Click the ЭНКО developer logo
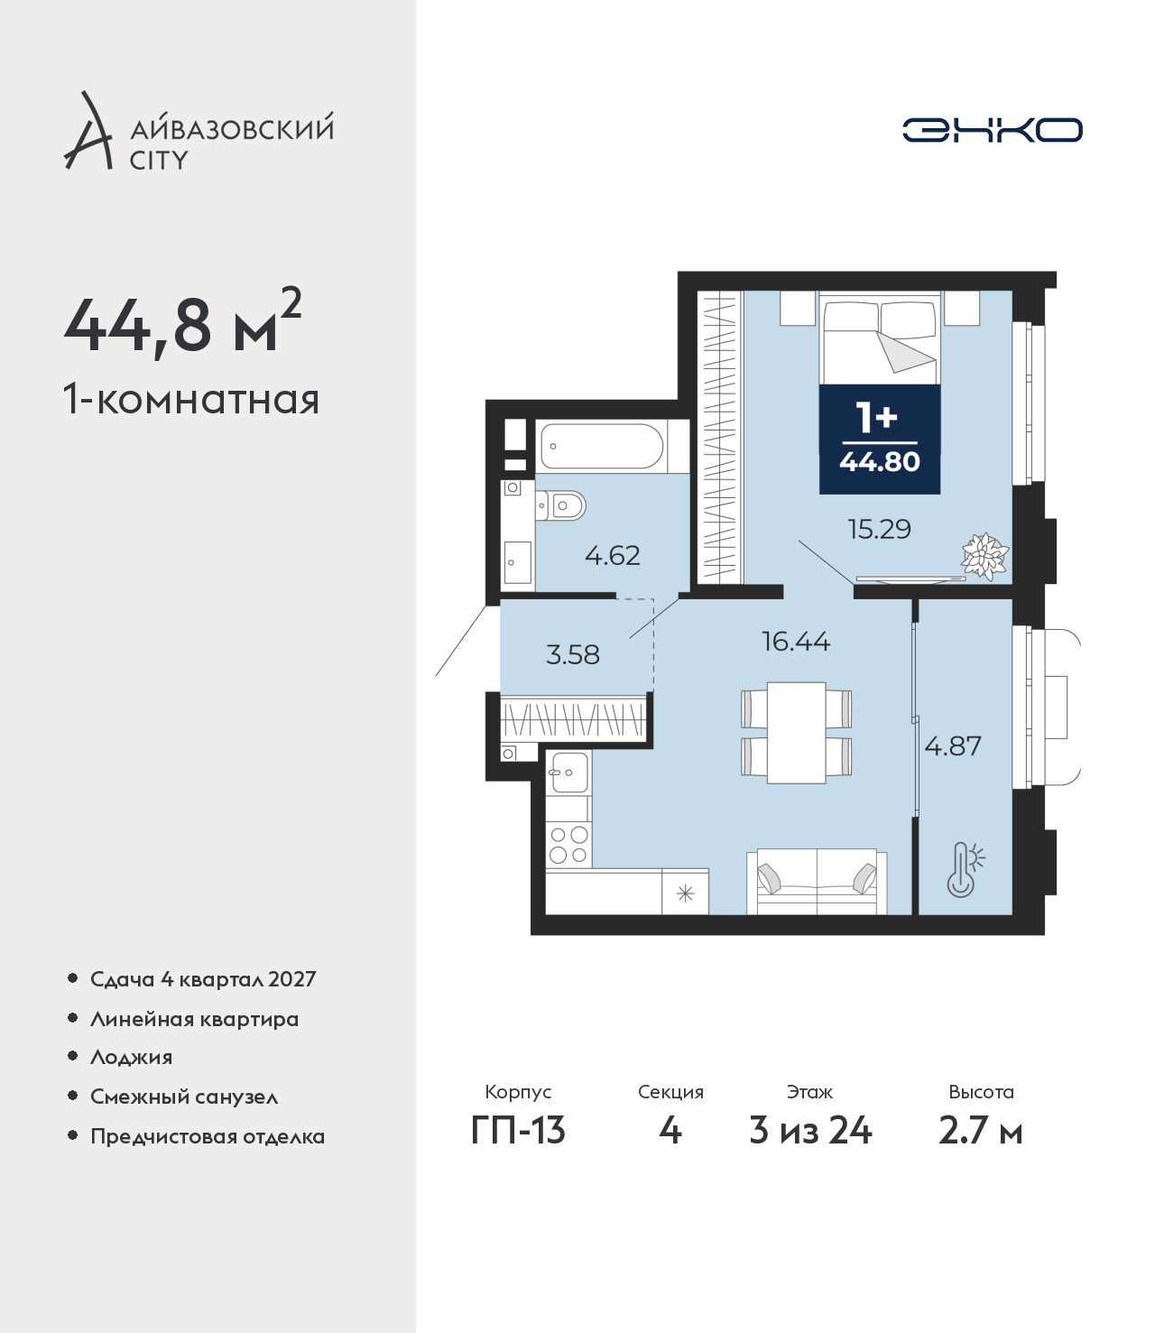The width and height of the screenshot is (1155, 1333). (x=992, y=130)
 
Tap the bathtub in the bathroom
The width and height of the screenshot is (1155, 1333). (x=603, y=446)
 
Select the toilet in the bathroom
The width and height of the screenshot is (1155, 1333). (x=560, y=505)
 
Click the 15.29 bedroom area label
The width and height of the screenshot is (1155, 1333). (x=879, y=529)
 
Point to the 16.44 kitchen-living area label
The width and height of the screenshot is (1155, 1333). (x=796, y=641)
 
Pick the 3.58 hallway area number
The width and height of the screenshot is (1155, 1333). (x=573, y=654)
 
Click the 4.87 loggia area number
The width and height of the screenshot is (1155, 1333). (x=953, y=746)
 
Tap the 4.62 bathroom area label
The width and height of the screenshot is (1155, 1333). (x=612, y=555)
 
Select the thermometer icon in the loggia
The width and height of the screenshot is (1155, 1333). (x=964, y=869)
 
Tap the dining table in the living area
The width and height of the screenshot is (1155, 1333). (x=796, y=733)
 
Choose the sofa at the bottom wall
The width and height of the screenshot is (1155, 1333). (x=817, y=882)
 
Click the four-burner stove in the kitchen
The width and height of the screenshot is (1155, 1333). (x=568, y=844)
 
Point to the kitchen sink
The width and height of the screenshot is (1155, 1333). (x=569, y=772)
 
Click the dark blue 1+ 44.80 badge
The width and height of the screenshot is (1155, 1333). (x=880, y=440)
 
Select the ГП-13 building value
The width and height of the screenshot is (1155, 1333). (x=518, y=1131)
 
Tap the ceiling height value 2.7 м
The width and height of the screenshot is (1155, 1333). (x=980, y=1131)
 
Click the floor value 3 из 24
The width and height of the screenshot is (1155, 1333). (x=810, y=1131)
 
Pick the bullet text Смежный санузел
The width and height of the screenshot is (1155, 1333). (x=184, y=1097)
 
